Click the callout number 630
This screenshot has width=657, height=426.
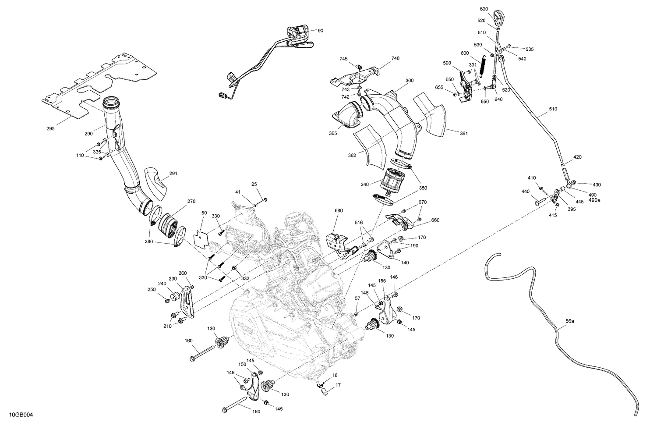coord(484,9)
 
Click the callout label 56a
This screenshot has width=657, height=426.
coord(569,321)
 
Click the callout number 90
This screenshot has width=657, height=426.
coord(320,31)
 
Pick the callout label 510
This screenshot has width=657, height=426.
coord(553,109)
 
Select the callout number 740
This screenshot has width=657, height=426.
coord(395,58)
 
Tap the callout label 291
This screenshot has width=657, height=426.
coord(173,174)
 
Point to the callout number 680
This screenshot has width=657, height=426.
coord(339,210)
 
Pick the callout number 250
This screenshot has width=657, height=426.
coord(152,290)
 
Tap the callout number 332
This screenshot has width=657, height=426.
coord(246,279)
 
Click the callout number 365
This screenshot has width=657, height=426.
coord(333,133)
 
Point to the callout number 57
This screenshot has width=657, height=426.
coord(357,298)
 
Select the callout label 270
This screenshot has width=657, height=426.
coord(191,202)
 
